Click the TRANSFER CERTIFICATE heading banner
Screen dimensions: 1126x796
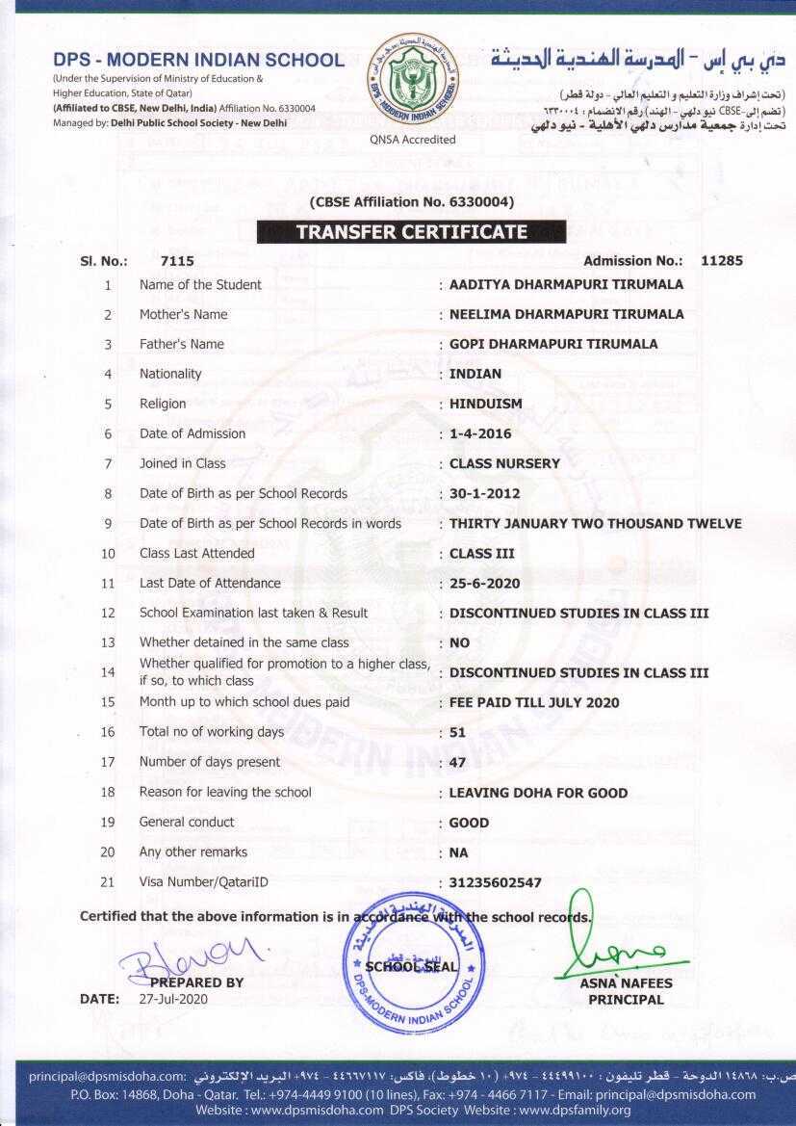411,232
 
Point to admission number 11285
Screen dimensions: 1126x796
722,261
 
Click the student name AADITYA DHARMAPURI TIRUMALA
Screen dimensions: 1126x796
566,285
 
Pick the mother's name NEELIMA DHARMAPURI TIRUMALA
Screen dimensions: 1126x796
566,315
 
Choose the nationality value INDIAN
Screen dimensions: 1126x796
475,375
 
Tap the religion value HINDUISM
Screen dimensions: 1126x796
486,405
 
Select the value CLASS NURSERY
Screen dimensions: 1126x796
504,464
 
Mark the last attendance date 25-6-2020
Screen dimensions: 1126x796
485,584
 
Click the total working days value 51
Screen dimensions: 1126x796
457,733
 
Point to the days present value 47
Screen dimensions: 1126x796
458,763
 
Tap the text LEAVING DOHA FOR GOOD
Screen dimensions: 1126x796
538,794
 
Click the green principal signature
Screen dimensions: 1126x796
617,950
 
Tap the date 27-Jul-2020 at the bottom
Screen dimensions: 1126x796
173,999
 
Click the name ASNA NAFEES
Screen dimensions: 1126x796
626,983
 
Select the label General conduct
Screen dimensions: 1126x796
187,823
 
